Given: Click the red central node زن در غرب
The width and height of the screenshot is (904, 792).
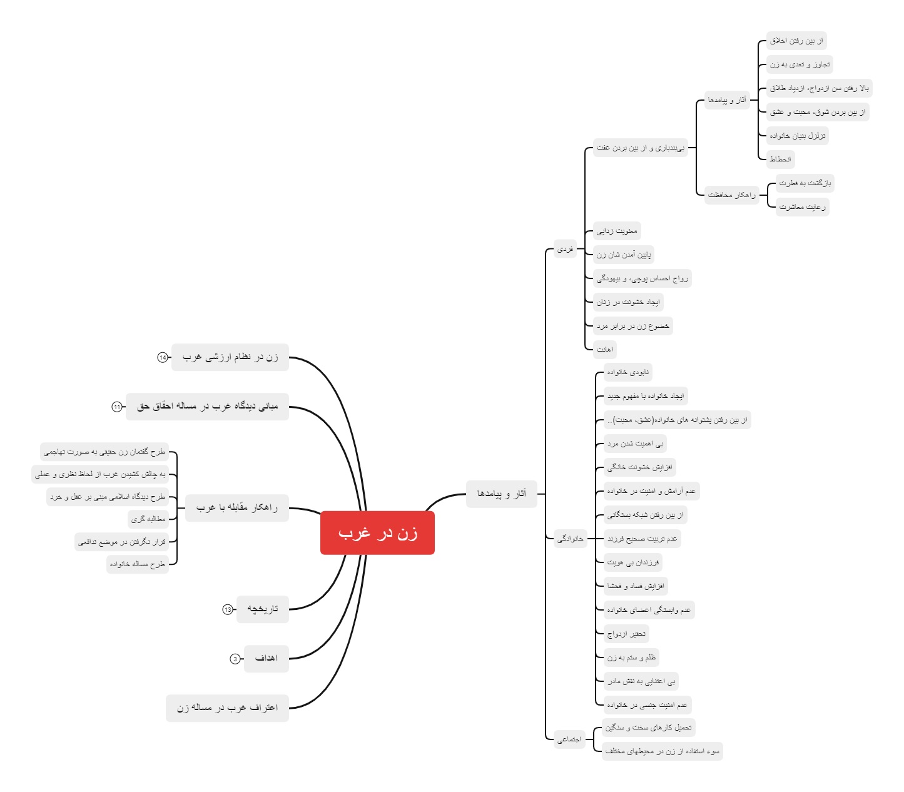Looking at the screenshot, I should (377, 533).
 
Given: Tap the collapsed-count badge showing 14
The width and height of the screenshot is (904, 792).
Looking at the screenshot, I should (163, 357).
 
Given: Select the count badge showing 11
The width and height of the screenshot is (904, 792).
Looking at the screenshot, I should (117, 407).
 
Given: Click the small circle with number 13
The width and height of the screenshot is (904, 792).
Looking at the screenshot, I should (228, 609).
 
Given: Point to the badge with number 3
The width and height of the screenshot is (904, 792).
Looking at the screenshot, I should (235, 659).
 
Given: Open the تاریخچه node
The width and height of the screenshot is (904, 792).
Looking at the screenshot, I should (263, 609).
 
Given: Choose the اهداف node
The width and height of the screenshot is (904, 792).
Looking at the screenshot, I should (267, 659).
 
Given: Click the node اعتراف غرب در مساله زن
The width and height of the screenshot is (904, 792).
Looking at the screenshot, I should (227, 708).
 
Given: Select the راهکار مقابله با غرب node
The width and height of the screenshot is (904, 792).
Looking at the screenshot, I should (237, 507).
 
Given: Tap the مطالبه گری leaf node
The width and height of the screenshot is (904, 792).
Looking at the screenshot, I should (148, 519).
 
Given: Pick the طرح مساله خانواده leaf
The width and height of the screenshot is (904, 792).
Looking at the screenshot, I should (138, 564).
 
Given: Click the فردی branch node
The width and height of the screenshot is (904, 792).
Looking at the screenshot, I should (565, 249).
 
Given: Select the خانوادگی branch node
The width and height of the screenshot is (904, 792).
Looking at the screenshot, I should (570, 539).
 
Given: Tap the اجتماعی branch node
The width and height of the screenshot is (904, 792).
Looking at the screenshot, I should (569, 739).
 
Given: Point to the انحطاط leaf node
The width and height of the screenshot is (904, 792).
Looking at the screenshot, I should (780, 160).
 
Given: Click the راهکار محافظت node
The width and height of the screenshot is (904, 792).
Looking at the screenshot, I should (731, 195).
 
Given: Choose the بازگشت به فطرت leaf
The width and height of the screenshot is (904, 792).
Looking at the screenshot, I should (805, 183).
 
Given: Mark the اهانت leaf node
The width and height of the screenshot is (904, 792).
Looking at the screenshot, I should (605, 350).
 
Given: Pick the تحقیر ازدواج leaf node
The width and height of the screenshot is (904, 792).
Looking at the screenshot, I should (626, 634).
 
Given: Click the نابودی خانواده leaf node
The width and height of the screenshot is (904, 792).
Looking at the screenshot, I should (628, 373).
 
